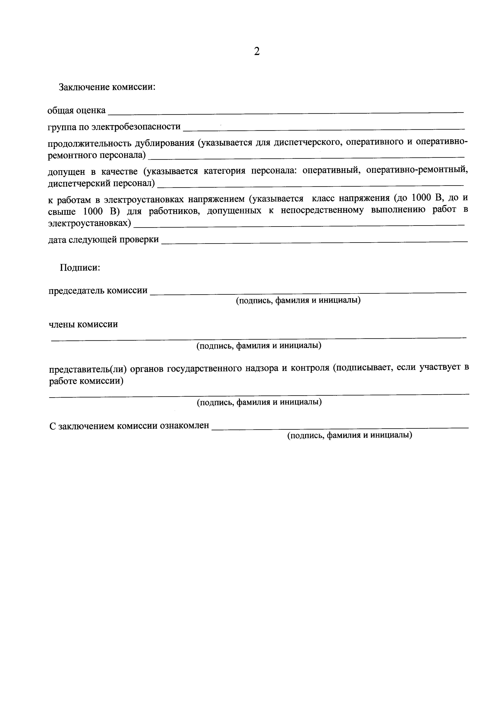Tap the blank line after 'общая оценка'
point(286,113)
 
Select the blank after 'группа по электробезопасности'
point(323,129)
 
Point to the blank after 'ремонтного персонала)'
point(306,157)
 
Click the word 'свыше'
point(62,212)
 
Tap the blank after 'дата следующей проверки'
point(314,242)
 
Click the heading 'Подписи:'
point(80,268)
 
